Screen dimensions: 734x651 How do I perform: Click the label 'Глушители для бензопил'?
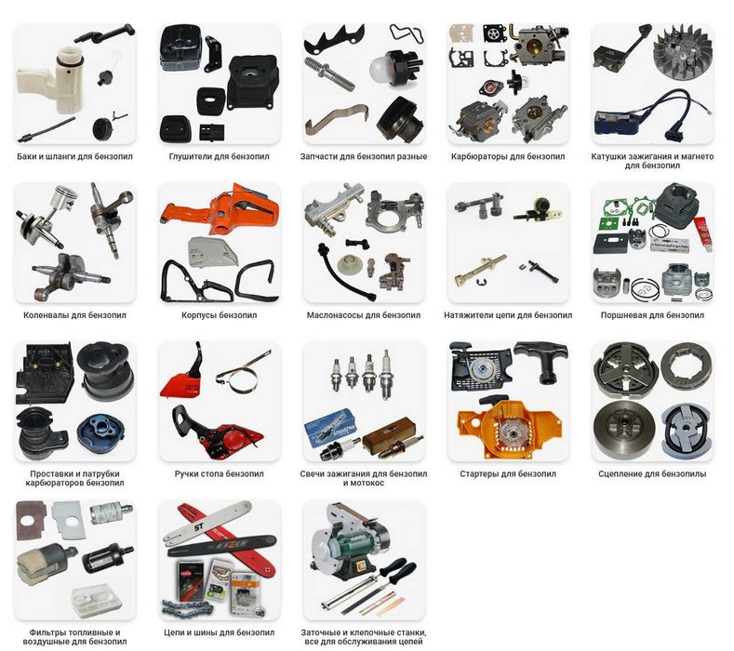pos(219,156)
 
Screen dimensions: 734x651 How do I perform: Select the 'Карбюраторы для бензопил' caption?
pos(508,156)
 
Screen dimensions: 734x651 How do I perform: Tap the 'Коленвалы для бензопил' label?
pos(75,315)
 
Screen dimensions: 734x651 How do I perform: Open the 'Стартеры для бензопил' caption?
pos(508,473)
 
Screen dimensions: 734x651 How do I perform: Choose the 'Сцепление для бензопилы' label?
pos(652,473)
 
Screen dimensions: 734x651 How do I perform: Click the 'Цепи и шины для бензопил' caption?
pos(219,632)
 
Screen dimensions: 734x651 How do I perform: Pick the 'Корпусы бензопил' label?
pos(219,315)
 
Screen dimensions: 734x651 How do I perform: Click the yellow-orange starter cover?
pos(508,428)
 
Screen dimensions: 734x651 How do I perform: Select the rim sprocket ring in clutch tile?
pos(687,366)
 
